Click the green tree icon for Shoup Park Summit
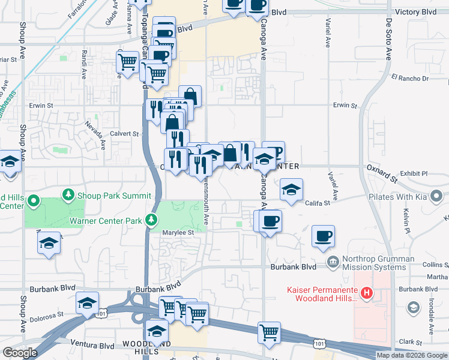70,194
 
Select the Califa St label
318,203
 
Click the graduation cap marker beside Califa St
291,190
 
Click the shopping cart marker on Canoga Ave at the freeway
269,332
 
